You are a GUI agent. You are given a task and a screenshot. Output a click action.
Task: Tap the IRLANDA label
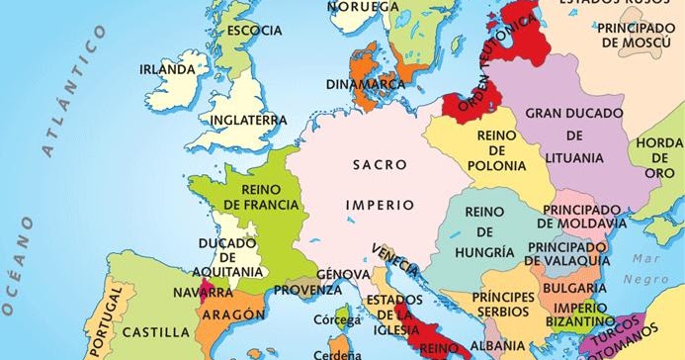click(x=167, y=70)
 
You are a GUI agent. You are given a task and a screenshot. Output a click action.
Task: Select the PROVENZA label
click(x=307, y=290)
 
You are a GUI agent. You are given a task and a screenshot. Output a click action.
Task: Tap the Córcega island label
click(x=331, y=319)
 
